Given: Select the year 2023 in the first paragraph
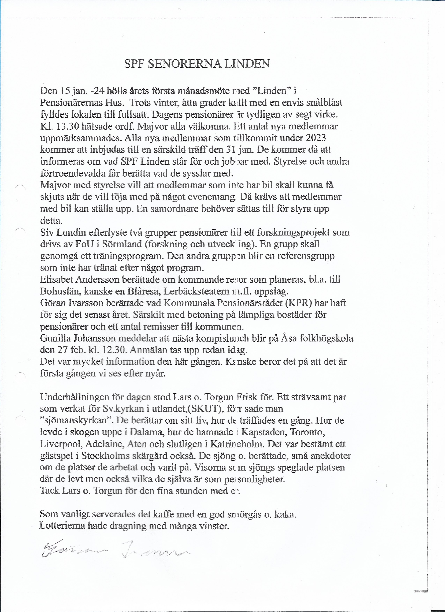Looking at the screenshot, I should [316, 138].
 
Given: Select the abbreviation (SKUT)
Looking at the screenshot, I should [199, 409].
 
